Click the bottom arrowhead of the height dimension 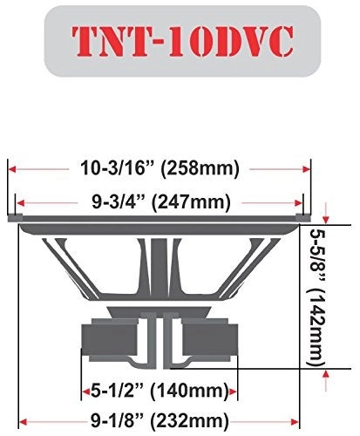(326, 373)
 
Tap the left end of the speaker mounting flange (13, 216)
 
